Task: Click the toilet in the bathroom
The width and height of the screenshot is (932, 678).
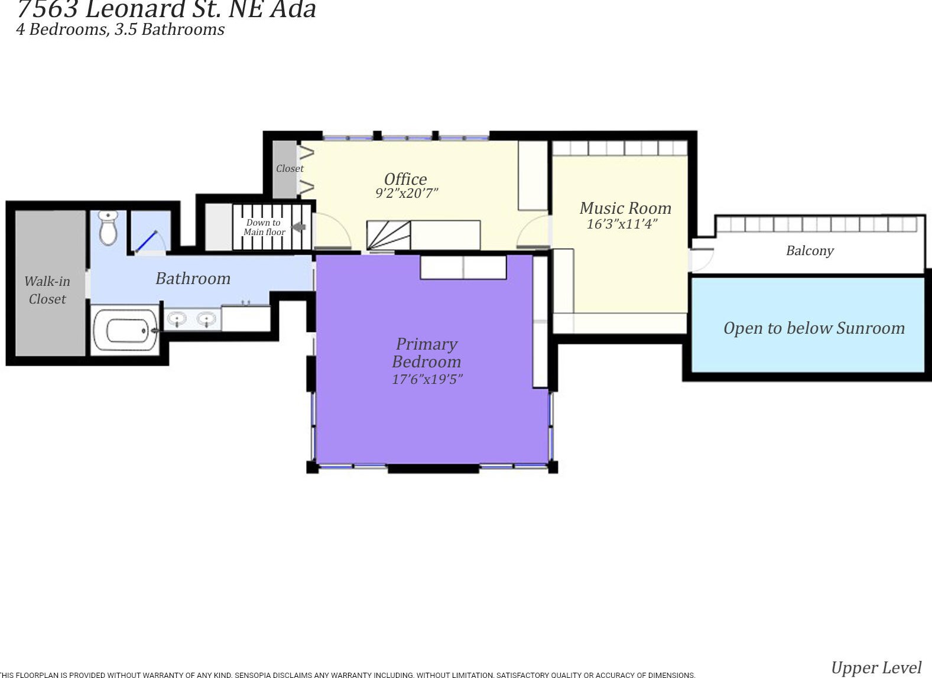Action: click(x=108, y=228)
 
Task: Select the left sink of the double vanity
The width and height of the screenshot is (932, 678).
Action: click(x=177, y=320)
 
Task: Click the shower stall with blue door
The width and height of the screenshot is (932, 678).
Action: click(x=150, y=232)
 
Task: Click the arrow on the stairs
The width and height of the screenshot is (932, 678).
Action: click(x=299, y=227)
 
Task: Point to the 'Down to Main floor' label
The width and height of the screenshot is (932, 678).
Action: click(x=264, y=227)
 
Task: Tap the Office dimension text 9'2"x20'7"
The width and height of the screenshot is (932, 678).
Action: click(x=407, y=194)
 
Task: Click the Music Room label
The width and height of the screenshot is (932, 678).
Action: click(x=625, y=208)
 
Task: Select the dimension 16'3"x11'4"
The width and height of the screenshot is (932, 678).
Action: click(x=622, y=224)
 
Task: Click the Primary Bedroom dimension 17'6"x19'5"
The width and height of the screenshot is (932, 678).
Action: click(x=427, y=379)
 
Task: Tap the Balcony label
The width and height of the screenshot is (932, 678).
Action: click(x=809, y=250)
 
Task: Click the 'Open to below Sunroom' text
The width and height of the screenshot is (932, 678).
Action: click(x=813, y=328)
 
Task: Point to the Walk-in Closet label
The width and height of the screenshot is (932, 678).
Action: click(x=47, y=290)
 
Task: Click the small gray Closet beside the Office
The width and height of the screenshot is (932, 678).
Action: click(x=285, y=169)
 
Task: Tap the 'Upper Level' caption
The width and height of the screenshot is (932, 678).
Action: click(x=875, y=667)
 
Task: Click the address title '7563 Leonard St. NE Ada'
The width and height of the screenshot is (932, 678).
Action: click(x=167, y=9)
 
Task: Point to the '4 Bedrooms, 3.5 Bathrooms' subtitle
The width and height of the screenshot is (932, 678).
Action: click(x=121, y=30)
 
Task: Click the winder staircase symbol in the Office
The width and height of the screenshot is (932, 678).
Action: click(x=388, y=235)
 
